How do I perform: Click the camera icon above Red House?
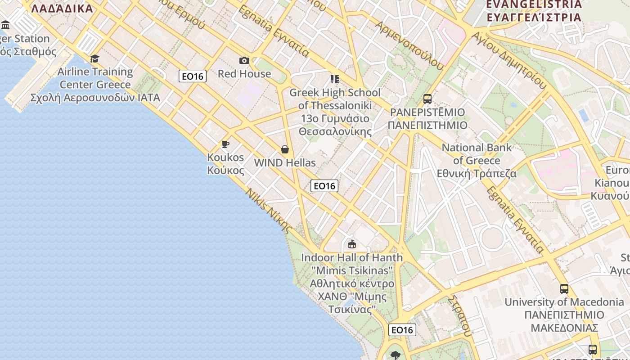pyautogui.click(x=244, y=60)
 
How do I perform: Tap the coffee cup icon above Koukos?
pyautogui.click(x=225, y=144)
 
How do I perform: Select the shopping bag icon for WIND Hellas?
pyautogui.click(x=285, y=149)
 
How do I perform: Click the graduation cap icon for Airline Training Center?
pyautogui.click(x=94, y=58)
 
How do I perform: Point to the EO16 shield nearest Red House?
pyautogui.click(x=193, y=76)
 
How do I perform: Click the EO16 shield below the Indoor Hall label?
pyautogui.click(x=402, y=330)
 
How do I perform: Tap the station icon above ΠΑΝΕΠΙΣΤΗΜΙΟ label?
pyautogui.click(x=427, y=99)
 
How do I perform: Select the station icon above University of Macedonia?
pyautogui.click(x=564, y=288)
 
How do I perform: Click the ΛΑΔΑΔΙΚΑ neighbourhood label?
pyautogui.click(x=62, y=8)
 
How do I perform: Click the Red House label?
pyautogui.click(x=244, y=74)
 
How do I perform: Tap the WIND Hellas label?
pyautogui.click(x=285, y=162)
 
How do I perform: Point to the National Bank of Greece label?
pyautogui.click(x=477, y=160)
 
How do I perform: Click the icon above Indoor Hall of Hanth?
pyautogui.click(x=352, y=244)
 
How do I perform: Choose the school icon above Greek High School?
pyautogui.click(x=335, y=79)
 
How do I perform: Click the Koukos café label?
pyautogui.click(x=225, y=164)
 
